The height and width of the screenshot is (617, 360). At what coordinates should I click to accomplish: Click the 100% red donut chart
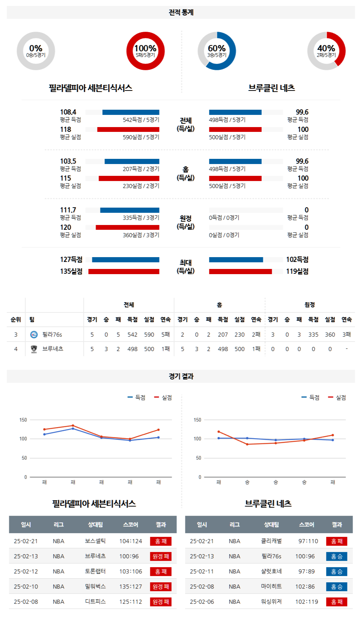tap(145, 51)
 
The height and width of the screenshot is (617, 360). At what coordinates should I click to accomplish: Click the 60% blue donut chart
tap(217, 51)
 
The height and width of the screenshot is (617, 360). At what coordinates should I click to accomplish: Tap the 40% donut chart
tap(326, 51)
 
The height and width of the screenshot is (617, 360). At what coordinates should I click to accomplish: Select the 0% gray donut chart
tap(36, 51)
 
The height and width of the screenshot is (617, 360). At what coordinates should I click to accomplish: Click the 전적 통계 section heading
tap(181, 13)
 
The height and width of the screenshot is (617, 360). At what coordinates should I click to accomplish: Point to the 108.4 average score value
tap(68, 112)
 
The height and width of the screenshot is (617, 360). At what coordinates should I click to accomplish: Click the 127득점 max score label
tap(71, 259)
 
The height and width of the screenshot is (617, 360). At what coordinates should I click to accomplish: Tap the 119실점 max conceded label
tap(297, 271)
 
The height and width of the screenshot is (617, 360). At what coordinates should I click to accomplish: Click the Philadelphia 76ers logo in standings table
tap(34, 334)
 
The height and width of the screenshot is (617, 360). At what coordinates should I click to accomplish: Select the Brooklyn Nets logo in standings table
tap(34, 349)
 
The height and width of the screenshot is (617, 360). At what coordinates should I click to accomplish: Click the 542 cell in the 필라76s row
tap(132, 334)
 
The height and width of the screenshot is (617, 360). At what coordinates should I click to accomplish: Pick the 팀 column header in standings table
tap(32, 320)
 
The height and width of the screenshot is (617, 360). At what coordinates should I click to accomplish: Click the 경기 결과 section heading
tap(181, 376)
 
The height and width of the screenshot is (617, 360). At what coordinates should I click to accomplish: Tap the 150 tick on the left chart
tap(23, 420)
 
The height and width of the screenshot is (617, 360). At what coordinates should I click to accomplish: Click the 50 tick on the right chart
tap(199, 458)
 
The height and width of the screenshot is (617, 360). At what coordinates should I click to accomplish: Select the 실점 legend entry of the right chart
tap(337, 398)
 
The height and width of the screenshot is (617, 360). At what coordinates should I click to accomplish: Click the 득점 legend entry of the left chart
tap(137, 398)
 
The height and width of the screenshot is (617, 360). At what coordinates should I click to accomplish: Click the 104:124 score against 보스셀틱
tap(131, 541)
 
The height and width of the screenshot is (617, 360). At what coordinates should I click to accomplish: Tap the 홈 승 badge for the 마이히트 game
tap(337, 587)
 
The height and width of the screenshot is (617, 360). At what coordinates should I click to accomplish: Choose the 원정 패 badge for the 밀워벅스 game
tap(161, 587)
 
